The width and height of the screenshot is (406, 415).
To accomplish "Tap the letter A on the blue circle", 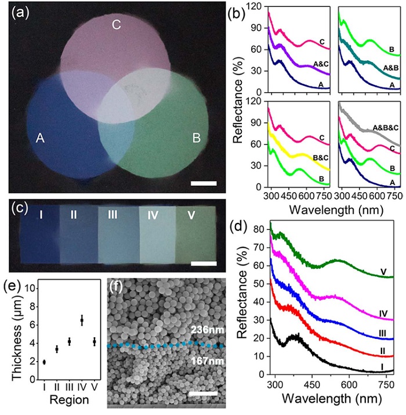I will click(x=25, y=138).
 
